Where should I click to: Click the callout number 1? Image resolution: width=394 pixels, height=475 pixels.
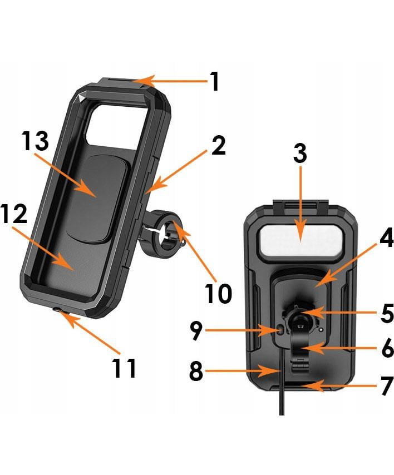[x=215, y=81]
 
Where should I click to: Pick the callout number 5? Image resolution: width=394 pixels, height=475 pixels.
[x=387, y=313]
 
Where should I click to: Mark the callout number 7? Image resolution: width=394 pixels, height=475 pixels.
[x=387, y=385]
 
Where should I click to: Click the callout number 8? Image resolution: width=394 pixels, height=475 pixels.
[x=196, y=371]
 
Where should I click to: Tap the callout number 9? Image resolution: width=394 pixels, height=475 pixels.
[x=196, y=330]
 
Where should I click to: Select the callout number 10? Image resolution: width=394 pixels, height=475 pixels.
[x=218, y=293]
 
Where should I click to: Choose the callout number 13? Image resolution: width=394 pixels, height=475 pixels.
[x=35, y=141]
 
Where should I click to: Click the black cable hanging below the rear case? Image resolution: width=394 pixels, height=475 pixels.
[x=282, y=382]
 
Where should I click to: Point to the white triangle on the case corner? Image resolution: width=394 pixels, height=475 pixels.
[x=81, y=98]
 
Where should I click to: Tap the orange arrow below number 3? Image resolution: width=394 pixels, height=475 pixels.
[x=301, y=204]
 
